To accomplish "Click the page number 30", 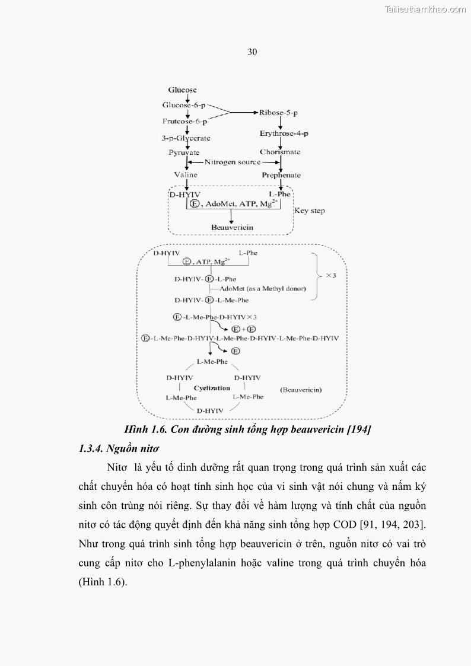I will pyautogui.click(x=252, y=52).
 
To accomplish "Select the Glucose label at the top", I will pyautogui.click(x=182, y=90).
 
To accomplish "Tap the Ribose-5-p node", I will pyautogui.click(x=279, y=112).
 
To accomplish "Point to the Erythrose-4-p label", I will pyautogui.click(x=280, y=134).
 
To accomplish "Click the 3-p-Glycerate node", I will pyautogui.click(x=186, y=138).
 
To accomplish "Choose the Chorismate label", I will pyautogui.click(x=280, y=152).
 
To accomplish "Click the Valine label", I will pyautogui.click(x=186, y=175).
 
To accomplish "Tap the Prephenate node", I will pyautogui.click(x=281, y=175).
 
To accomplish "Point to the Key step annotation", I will pyautogui.click(x=310, y=211).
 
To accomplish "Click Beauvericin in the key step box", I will pyautogui.click(x=232, y=227).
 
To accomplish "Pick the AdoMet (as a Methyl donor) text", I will pyautogui.click(x=262, y=289).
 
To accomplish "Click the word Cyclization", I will pyautogui.click(x=212, y=388).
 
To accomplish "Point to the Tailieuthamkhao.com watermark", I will pyautogui.click(x=425, y=9).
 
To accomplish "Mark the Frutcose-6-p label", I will pyautogui.click(x=184, y=122).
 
